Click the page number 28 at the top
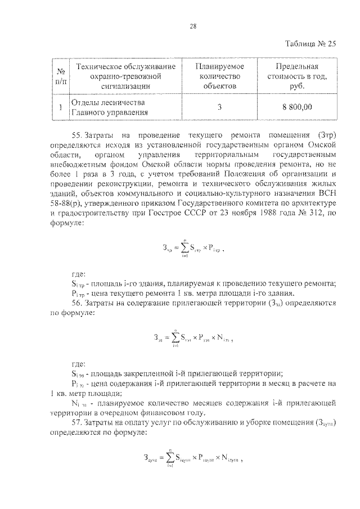click(193, 26)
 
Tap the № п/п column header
click(59, 76)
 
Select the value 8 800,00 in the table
click(297, 107)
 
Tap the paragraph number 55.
click(78, 135)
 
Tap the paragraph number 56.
click(78, 303)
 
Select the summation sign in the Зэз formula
click(181, 339)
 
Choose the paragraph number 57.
click(78, 422)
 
